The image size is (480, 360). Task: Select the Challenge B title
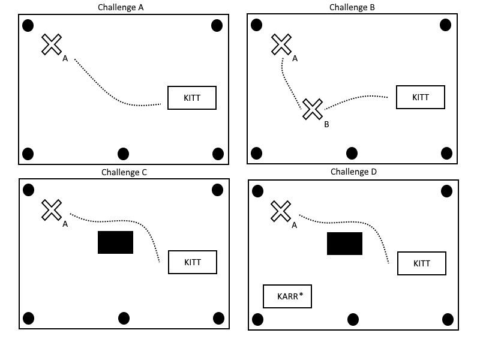pyautogui.click(x=352, y=7)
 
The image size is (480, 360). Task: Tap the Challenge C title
pyautogui.click(x=124, y=172)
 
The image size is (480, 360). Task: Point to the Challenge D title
pyautogui.click(x=353, y=172)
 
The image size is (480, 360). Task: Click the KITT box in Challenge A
pyautogui.click(x=191, y=97)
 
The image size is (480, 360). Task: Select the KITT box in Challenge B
pyautogui.click(x=421, y=97)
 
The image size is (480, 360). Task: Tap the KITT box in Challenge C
pyautogui.click(x=192, y=262)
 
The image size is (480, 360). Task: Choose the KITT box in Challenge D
pyautogui.click(x=422, y=263)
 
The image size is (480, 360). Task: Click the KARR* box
pyautogui.click(x=287, y=296)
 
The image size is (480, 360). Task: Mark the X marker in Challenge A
pyautogui.click(x=52, y=44)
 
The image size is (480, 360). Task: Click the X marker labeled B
pyautogui.click(x=313, y=109)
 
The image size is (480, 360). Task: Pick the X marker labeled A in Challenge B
pyautogui.click(x=281, y=44)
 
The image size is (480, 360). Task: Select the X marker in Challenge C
pyautogui.click(x=52, y=210)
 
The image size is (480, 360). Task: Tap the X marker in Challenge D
pyautogui.click(x=281, y=211)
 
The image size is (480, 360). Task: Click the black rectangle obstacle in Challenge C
pyautogui.click(x=115, y=242)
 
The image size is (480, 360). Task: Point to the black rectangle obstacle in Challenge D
pyautogui.click(x=344, y=244)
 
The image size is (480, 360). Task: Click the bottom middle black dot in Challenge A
pyautogui.click(x=123, y=154)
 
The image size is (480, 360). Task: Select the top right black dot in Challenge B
pyautogui.click(x=445, y=25)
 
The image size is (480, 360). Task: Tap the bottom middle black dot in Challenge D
pyautogui.click(x=353, y=319)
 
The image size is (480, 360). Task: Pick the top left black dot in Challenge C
pyautogui.click(x=28, y=190)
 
